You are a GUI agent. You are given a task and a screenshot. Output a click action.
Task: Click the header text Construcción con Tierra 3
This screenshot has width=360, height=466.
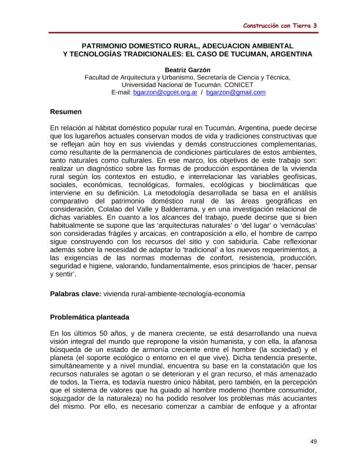pyautogui.click(x=280, y=26)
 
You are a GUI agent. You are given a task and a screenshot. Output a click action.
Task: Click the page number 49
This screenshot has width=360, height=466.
pyautogui.click(x=314, y=441)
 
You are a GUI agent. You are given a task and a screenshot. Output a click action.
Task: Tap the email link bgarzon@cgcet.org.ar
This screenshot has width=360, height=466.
pyautogui.click(x=165, y=92)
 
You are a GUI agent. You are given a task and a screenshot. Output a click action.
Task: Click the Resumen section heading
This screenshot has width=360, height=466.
pyautogui.click(x=66, y=112)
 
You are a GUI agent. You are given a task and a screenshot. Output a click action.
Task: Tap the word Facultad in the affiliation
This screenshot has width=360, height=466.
pyautogui.click(x=99, y=77)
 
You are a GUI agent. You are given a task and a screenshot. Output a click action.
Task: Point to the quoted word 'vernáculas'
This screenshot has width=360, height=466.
pyautogui.click(x=296, y=225)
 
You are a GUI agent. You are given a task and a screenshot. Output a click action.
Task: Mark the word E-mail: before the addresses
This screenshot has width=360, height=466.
pyautogui.click(x=121, y=92)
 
